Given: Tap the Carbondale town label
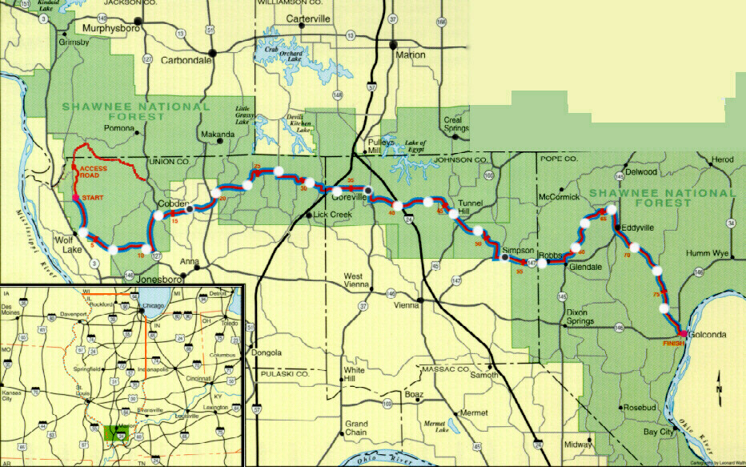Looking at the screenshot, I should point(186,60).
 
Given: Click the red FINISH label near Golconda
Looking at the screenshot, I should point(674,343).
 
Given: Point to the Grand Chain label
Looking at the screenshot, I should point(356,428).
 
